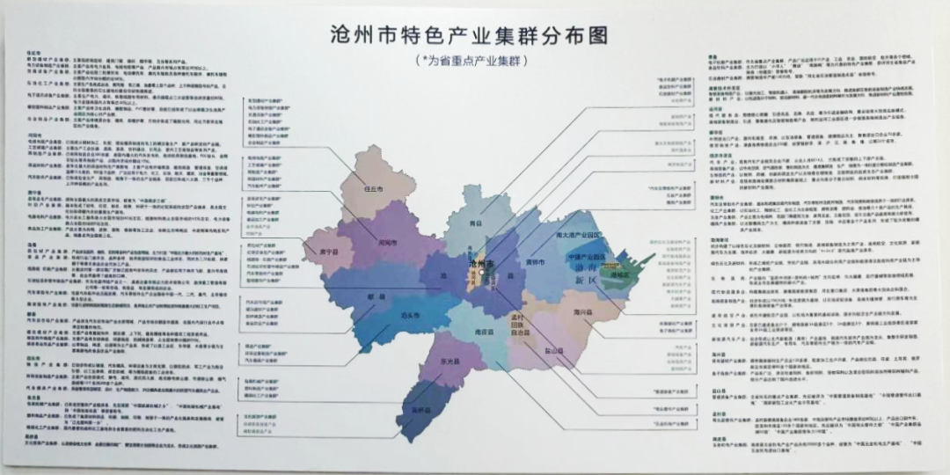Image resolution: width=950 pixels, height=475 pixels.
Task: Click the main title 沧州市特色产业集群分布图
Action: point(467,36)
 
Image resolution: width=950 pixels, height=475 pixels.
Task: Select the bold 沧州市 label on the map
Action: point(485,263)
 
